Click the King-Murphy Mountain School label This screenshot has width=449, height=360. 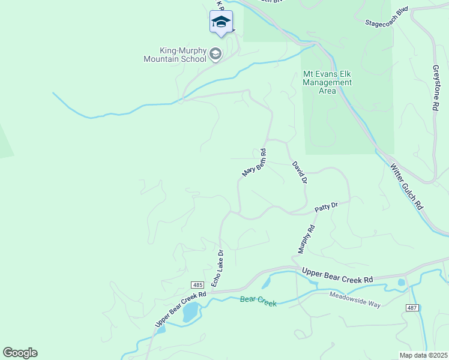tap(175, 55)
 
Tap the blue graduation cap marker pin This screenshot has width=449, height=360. tap(221, 23)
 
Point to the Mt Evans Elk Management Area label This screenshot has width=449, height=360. tap(327, 82)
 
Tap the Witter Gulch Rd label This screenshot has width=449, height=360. tap(406, 185)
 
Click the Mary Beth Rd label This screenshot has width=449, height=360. tap(254, 163)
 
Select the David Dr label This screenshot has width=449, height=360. tap(300, 172)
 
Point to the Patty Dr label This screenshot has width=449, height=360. tap(327, 208)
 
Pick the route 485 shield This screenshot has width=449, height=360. tap(198, 284)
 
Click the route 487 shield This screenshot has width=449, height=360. tap(411, 307)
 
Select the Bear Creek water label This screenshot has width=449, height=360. tap(258, 301)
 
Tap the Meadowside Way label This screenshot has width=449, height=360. tap(355, 299)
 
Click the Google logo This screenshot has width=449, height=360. tap(20, 352)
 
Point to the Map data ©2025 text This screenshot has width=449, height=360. tap(423, 355)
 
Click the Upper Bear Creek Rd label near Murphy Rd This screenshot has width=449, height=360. tap(337, 275)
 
